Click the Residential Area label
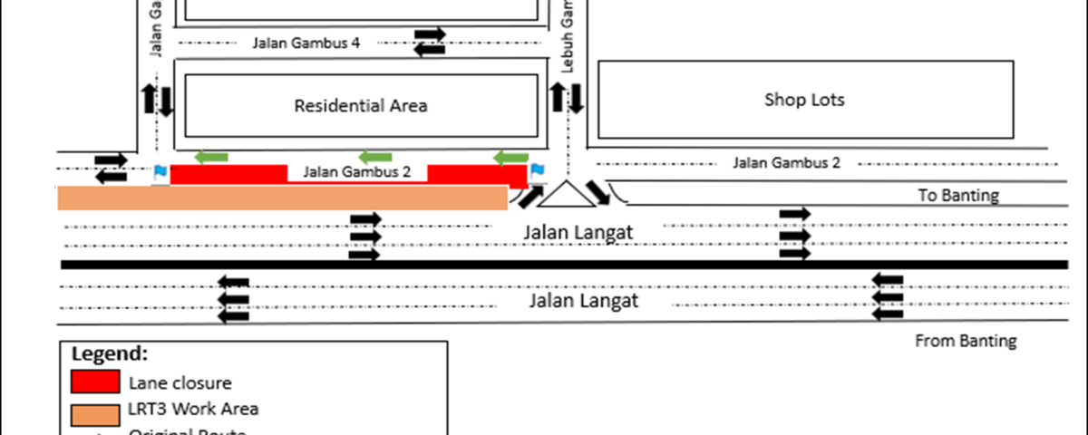click(361, 106)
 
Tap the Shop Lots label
click(804, 100)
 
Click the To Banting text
click(958, 196)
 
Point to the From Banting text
click(966, 342)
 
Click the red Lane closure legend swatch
click(95, 382)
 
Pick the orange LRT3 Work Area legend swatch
click(95, 413)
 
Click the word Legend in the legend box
click(109, 354)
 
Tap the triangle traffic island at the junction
click(566, 196)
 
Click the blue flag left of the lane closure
click(160, 170)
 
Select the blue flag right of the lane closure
click(538, 169)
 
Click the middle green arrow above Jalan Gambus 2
click(375, 158)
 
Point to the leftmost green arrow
click(211, 158)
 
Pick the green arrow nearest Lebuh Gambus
click(510, 158)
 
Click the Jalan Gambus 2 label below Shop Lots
click(786, 163)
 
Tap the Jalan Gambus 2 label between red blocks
click(357, 171)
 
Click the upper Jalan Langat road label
click(578, 233)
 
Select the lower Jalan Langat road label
click(584, 300)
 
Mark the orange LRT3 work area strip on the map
click(281, 198)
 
